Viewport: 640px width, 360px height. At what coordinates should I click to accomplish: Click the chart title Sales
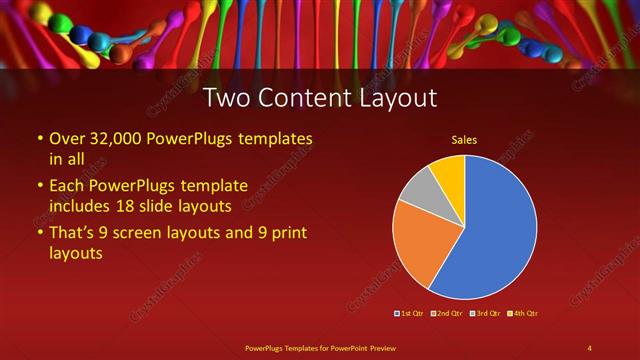[x=464, y=140]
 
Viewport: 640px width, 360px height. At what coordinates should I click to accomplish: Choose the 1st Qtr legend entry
[x=410, y=313]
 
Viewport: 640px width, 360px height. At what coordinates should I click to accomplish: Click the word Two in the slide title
[x=226, y=98]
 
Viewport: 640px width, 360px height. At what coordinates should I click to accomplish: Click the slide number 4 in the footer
[x=589, y=347]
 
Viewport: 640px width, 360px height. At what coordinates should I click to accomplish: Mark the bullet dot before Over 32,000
[x=39, y=139]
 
